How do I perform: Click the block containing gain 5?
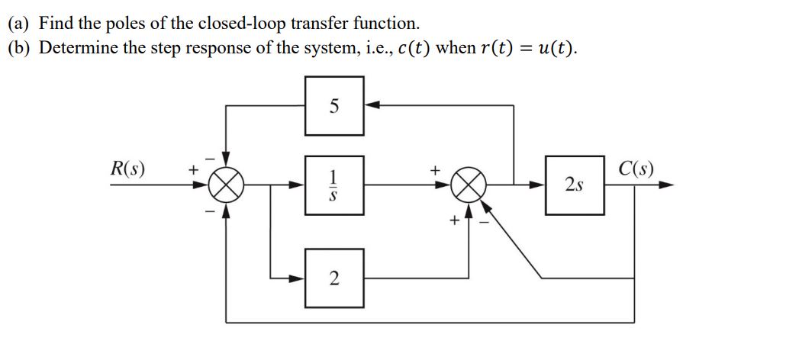tap(334, 106)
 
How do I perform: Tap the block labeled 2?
tap(334, 278)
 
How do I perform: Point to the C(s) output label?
tap(635, 169)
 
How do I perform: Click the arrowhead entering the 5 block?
tap(372, 106)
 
